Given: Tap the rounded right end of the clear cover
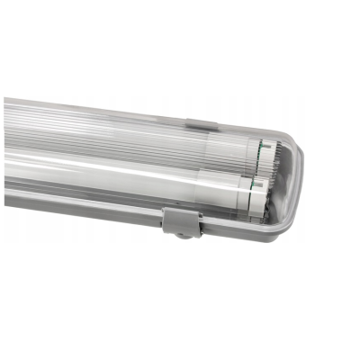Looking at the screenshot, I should point(297,180).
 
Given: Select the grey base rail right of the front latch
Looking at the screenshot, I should point(234,230).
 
